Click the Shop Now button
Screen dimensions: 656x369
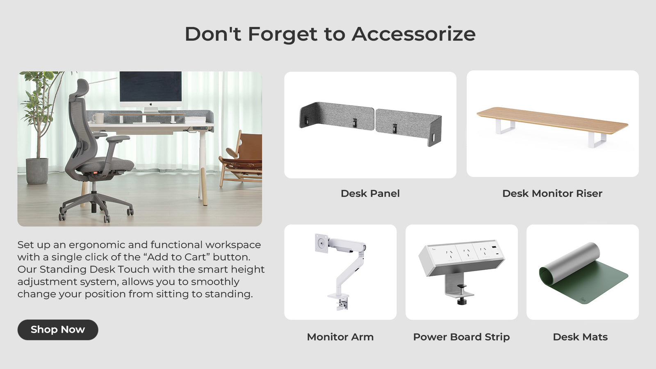click(58, 330)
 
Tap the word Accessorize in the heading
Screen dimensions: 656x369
click(414, 34)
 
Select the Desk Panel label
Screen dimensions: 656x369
click(370, 194)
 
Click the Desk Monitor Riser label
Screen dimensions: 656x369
click(552, 194)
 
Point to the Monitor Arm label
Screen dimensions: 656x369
click(340, 337)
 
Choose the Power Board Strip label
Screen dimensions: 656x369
click(462, 337)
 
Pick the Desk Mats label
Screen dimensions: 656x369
click(580, 337)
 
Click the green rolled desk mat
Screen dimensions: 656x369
click(583, 273)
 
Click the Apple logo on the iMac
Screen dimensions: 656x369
click(151, 104)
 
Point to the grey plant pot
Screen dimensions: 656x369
click(37, 171)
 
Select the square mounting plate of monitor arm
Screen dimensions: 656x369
click(321, 243)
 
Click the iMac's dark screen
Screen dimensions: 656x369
click(150, 87)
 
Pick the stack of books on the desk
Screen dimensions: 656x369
click(195, 120)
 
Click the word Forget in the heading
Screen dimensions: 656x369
click(282, 34)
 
